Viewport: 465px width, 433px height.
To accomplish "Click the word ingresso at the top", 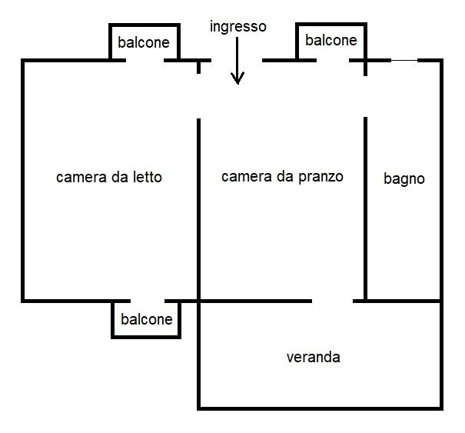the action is pos(237,28).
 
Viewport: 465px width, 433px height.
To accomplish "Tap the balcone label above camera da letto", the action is pos(144,42).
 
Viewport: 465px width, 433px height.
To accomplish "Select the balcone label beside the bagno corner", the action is pos(331,40).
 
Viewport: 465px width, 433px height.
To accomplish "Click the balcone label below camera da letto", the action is pos(147,319).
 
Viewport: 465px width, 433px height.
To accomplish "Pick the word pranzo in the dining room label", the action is pos(321,177).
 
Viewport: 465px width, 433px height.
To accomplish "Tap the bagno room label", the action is pos(404,179).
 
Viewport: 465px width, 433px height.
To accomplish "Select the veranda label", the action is pos(313,357).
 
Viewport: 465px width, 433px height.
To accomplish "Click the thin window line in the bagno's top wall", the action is pos(404,60).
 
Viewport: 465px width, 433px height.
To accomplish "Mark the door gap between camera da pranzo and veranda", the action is pos(333,301).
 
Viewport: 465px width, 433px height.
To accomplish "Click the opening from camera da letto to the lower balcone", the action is pos(148,301).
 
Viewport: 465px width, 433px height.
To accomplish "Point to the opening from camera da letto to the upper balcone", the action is pos(145,61).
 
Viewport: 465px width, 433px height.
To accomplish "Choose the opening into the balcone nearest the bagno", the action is pos(333,61).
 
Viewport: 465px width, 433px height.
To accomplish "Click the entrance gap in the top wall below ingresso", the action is pos(237,61).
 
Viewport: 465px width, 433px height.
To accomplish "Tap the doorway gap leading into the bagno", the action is pos(365,96).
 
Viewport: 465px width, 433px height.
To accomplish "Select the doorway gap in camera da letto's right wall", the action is pos(199,96).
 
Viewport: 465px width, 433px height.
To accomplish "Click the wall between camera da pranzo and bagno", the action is pos(365,209).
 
